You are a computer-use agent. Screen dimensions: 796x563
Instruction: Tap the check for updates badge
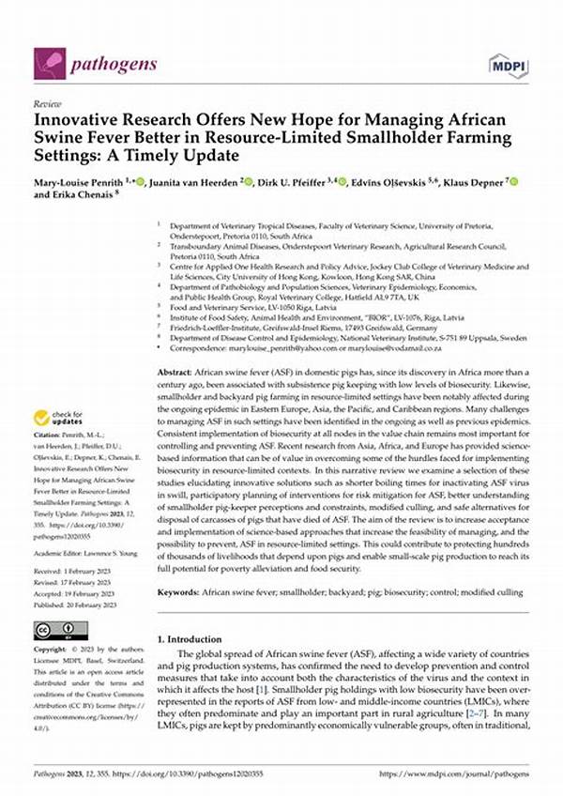(x=56, y=417)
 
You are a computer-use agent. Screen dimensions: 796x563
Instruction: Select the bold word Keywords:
(x=178, y=567)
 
